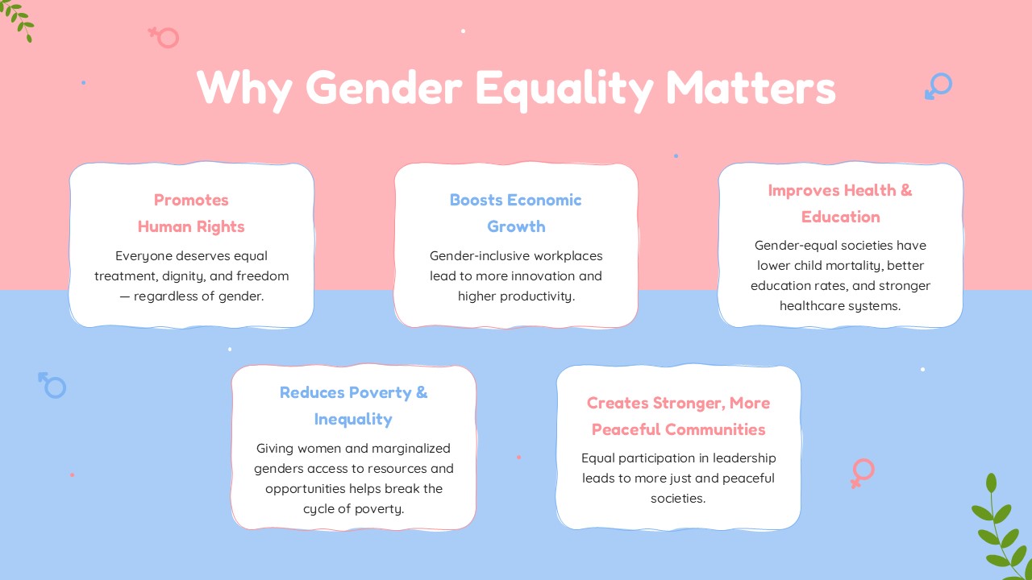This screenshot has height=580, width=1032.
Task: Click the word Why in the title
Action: tap(244, 89)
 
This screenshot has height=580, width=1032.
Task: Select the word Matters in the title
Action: tap(751, 88)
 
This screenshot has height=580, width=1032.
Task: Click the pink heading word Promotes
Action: tap(191, 201)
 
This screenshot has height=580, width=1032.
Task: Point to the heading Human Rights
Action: tap(191, 226)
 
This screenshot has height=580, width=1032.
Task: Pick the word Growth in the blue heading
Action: tap(516, 226)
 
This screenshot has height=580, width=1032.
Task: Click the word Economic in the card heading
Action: tap(544, 201)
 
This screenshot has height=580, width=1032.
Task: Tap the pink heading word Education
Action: tap(840, 217)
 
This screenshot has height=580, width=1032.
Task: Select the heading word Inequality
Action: tap(353, 420)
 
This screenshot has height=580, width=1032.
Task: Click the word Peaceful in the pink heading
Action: tap(626, 429)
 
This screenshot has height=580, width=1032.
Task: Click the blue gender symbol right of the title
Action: tap(938, 86)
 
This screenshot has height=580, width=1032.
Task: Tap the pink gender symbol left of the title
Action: tap(164, 37)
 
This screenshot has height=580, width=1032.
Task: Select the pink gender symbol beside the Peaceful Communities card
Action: tap(863, 473)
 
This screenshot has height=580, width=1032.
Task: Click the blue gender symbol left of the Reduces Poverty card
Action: tap(52, 385)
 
